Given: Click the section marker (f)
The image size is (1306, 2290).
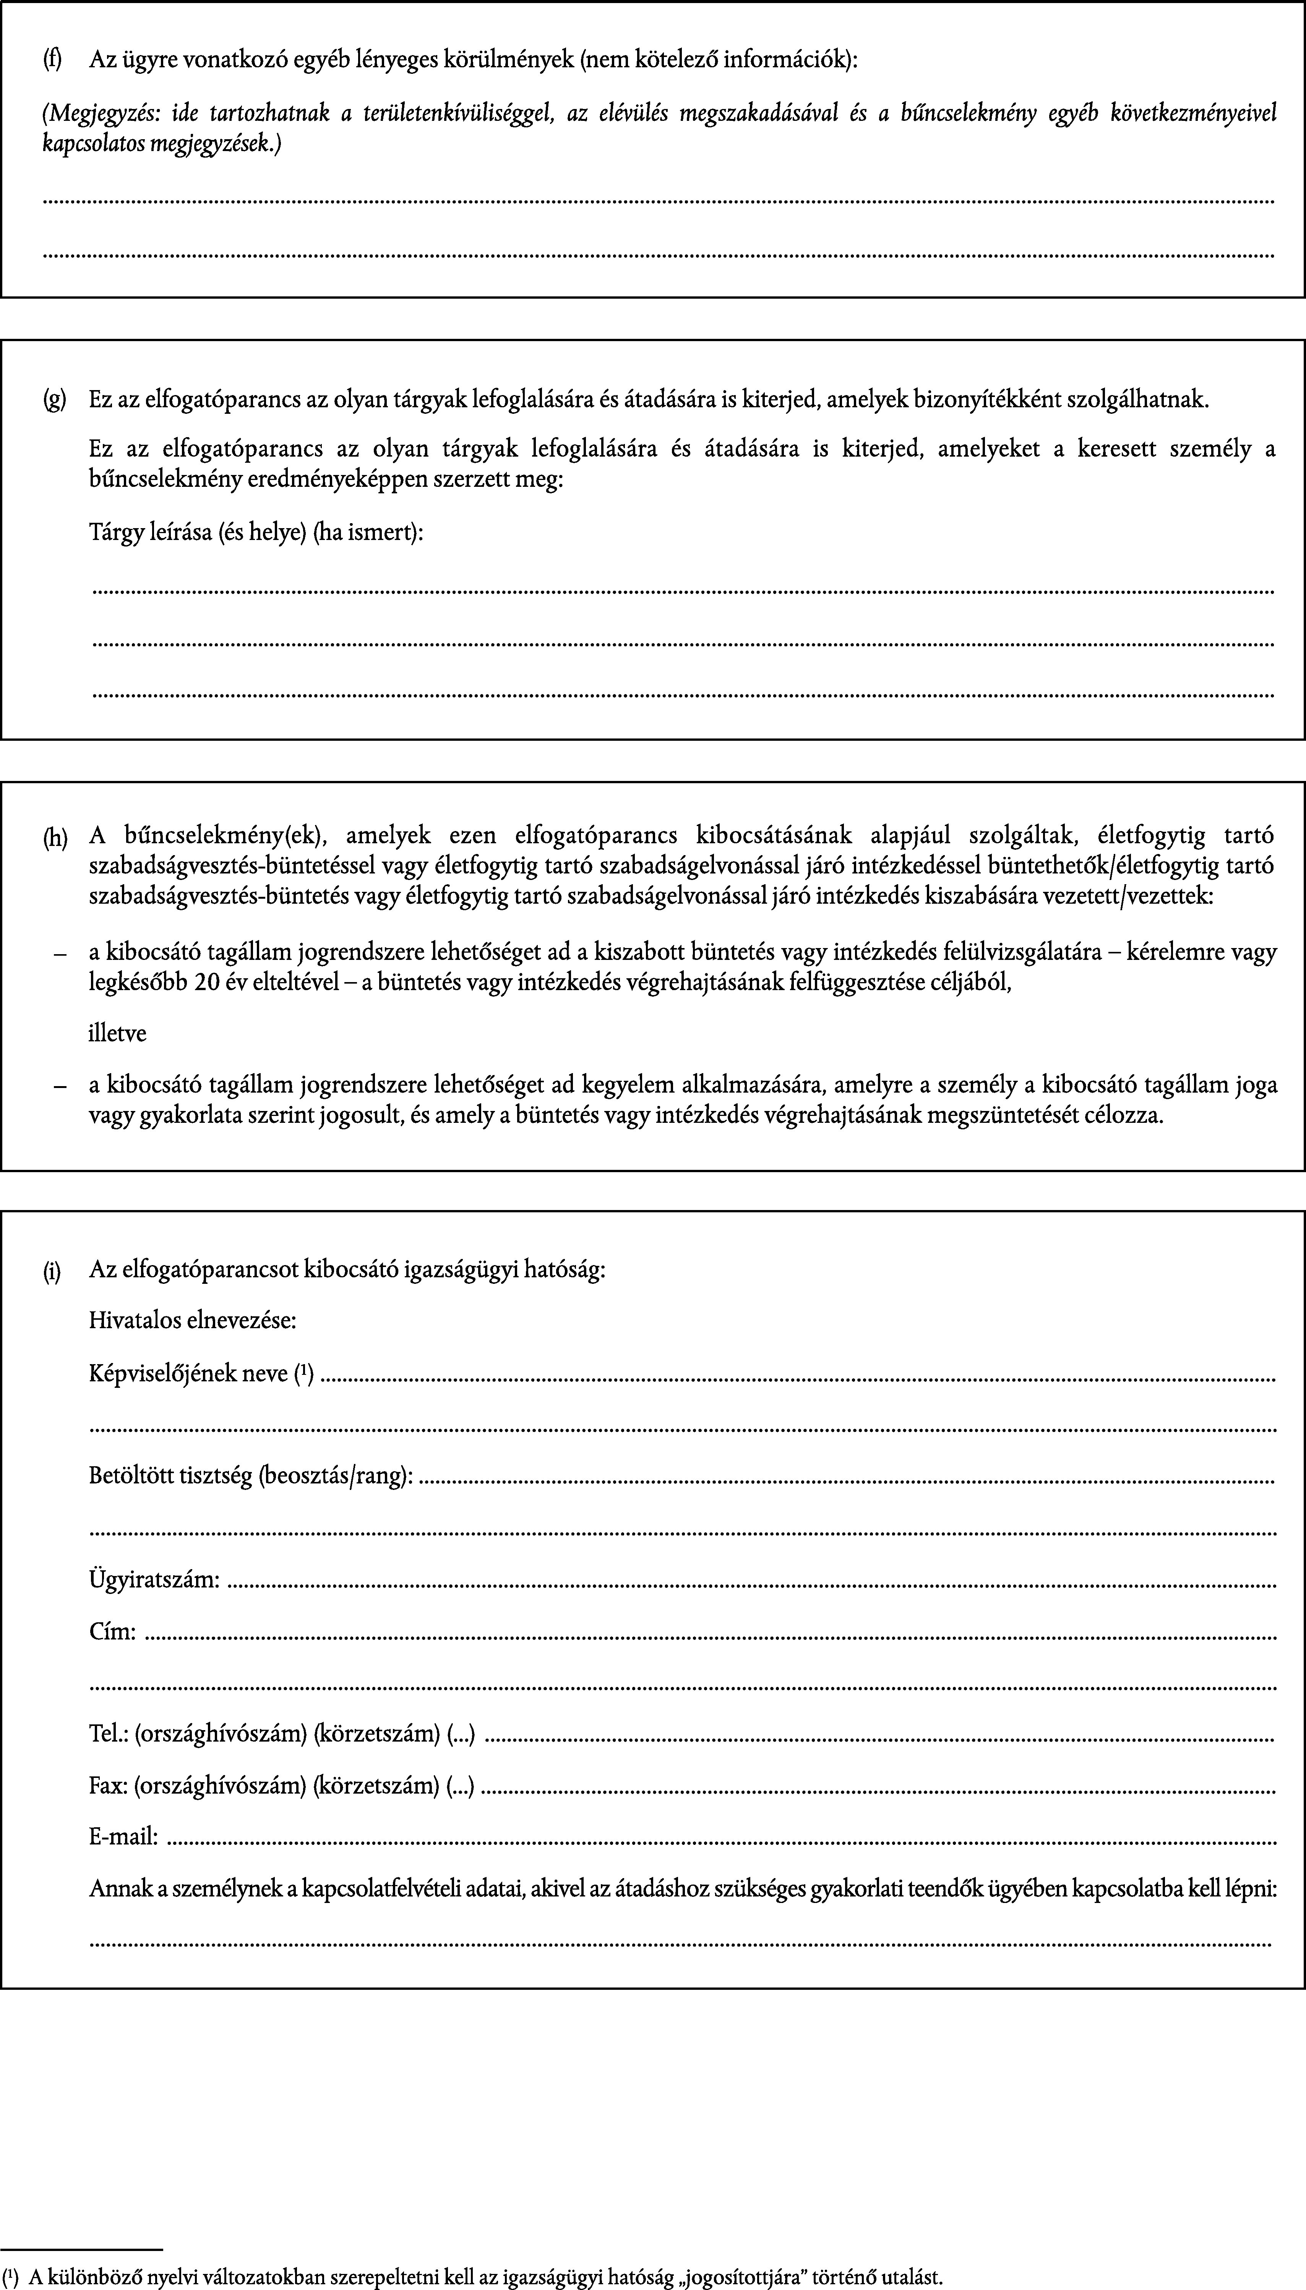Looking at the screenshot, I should (53, 60).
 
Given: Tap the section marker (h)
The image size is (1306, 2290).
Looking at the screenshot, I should (55, 838).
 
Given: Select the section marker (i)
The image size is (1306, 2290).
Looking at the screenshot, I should (53, 1270).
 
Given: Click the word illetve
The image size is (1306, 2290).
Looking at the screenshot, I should (117, 1033).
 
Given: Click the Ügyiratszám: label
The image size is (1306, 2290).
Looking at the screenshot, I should (154, 1579).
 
